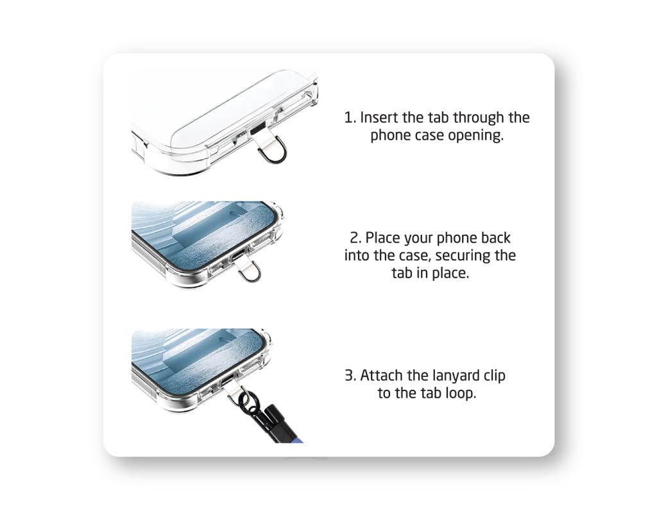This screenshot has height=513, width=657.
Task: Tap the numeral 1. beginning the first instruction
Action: (x=350, y=117)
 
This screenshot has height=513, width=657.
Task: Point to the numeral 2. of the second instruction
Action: (x=355, y=238)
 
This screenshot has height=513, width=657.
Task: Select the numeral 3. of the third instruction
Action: (x=351, y=375)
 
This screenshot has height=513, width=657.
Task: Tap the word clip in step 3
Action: (x=495, y=376)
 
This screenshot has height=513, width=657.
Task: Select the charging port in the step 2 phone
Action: (x=237, y=255)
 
